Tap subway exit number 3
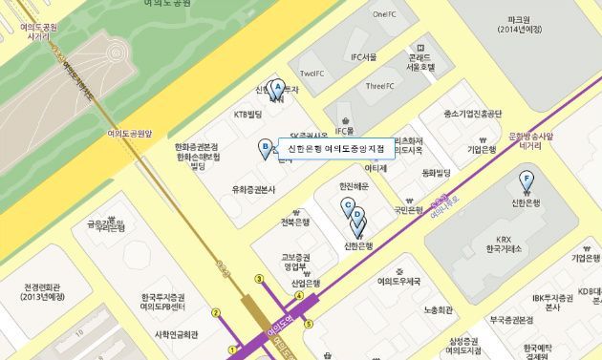coord(258,252)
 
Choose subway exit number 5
coord(309,324)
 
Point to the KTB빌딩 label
coord(247,115)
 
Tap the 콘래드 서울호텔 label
coord(420,62)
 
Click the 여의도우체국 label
coord(398,282)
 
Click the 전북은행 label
coord(295,222)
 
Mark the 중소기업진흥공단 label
coord(473,114)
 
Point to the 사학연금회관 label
coord(176,334)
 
